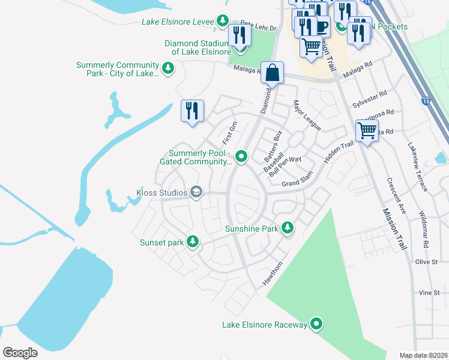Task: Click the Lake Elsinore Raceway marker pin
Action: [316, 325]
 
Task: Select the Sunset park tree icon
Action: [192, 242]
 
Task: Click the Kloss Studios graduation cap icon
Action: [196, 192]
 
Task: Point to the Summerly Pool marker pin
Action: [241, 157]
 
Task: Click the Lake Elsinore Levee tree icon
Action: [223, 22]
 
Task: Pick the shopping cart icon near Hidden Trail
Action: [367, 130]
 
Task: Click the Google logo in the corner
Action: [20, 352]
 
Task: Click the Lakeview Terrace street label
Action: [418, 167]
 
